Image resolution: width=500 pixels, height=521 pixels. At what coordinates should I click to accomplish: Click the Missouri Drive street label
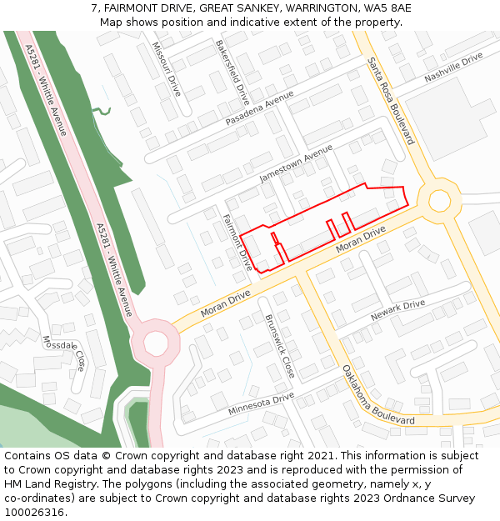click(x=165, y=69)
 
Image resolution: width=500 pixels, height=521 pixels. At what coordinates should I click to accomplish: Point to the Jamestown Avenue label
click(x=296, y=163)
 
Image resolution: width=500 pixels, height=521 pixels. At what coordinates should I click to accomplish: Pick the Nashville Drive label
click(x=453, y=67)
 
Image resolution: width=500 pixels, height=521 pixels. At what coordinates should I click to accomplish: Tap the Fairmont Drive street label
click(x=237, y=242)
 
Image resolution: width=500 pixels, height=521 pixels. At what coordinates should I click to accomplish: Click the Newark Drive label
click(x=397, y=310)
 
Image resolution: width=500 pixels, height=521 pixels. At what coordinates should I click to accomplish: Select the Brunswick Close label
click(x=280, y=346)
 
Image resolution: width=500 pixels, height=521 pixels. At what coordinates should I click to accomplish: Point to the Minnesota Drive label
click(x=261, y=404)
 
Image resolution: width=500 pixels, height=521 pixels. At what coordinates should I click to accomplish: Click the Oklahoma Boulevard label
click(x=378, y=394)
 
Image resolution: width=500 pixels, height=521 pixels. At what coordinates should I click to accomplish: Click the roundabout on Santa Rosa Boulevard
click(x=439, y=200)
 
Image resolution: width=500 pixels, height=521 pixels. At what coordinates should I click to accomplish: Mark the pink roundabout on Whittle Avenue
click(x=156, y=342)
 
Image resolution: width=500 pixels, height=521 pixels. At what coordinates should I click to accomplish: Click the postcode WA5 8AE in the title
click(x=386, y=8)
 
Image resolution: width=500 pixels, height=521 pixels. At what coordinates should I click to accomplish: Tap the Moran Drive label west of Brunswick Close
click(x=227, y=304)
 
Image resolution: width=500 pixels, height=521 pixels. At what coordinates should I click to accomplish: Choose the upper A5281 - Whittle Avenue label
click(x=47, y=79)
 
